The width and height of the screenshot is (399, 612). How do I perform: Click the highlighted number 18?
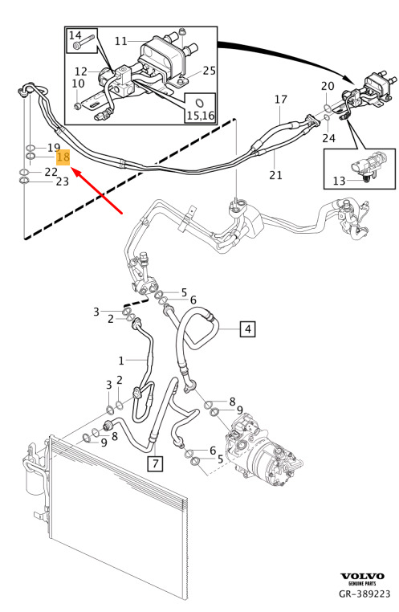(63, 157)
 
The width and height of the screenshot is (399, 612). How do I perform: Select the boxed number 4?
(248, 329)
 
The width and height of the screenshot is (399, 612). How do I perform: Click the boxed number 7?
(155, 463)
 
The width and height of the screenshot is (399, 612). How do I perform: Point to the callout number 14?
(75, 35)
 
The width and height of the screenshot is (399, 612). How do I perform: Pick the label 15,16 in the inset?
(201, 116)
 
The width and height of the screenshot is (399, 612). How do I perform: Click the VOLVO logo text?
(362, 576)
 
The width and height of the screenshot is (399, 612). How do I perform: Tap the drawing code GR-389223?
(364, 594)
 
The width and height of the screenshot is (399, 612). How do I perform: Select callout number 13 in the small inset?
(339, 181)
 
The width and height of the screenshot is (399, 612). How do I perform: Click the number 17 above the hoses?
(281, 100)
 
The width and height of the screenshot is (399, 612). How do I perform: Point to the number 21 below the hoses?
(275, 175)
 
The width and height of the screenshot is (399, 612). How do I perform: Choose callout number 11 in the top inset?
(121, 41)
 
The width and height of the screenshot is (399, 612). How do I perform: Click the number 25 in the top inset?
(209, 71)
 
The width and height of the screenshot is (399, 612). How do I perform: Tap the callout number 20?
(328, 86)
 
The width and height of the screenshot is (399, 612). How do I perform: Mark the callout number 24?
(328, 138)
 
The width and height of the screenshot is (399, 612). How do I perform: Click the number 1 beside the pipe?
(121, 361)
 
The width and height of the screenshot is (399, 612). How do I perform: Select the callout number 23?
(63, 182)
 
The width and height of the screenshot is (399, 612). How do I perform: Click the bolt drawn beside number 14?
(83, 43)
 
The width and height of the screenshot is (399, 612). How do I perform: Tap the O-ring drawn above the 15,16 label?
(200, 103)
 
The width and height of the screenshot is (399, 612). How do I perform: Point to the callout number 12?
(81, 71)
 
